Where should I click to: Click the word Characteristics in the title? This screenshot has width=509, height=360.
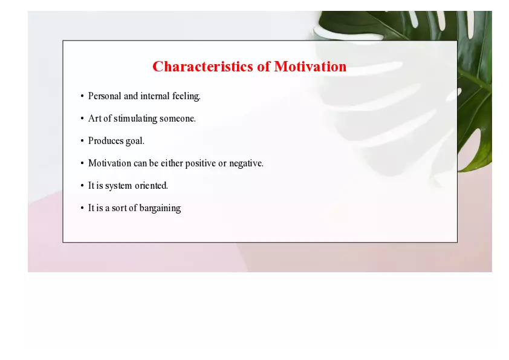[x=203, y=67]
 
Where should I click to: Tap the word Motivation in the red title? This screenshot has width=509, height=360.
[x=310, y=67]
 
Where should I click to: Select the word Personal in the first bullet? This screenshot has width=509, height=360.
[x=105, y=96]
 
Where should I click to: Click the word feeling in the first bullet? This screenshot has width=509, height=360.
[x=186, y=96]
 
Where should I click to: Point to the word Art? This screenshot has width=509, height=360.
[x=95, y=119]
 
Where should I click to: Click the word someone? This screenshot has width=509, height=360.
[x=178, y=119]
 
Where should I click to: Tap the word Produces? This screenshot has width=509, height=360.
[x=105, y=141]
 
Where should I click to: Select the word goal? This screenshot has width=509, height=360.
[x=134, y=141]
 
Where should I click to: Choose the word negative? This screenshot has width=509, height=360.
[x=246, y=163]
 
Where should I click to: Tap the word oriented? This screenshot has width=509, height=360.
[x=151, y=186]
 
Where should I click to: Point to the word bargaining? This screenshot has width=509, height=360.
[x=160, y=208]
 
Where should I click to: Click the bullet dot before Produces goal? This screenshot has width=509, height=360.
[x=82, y=141]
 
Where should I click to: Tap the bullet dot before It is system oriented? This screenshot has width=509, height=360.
[x=82, y=186]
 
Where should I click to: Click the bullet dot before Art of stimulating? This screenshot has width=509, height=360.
[x=82, y=119]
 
